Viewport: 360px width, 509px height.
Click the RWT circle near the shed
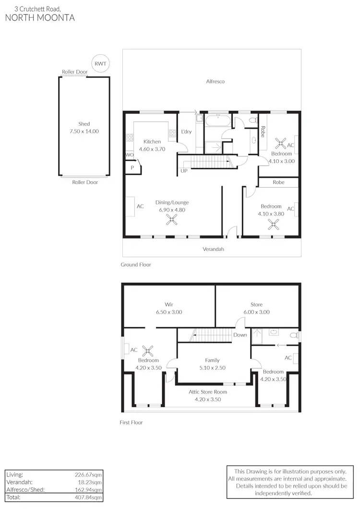coord(100,63)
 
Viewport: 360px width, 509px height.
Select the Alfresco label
coord(215,82)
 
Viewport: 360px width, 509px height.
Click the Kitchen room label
coord(152,142)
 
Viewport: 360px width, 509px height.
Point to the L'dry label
coord(186,132)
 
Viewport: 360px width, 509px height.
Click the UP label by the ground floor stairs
coord(184,171)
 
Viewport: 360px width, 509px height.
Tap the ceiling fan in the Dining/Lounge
coord(172,220)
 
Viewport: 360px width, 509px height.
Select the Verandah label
coord(214,249)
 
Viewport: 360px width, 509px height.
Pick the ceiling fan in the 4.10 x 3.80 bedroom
coord(273,224)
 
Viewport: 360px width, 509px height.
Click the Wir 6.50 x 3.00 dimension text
coord(168,312)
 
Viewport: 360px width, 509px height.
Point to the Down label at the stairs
coord(240,335)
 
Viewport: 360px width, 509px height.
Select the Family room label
coord(212,360)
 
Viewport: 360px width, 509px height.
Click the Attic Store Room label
coord(207,392)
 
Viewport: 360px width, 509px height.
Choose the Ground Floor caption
coord(135,264)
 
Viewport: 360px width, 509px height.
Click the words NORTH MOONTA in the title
coord(40,18)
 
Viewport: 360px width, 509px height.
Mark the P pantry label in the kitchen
coord(132,167)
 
